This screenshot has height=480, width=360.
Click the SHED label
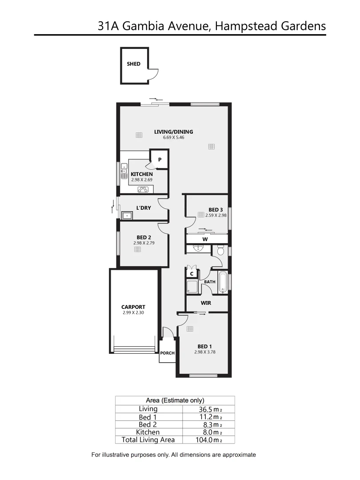pyautogui.click(x=133, y=64)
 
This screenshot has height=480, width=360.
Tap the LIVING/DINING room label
pyautogui.click(x=173, y=132)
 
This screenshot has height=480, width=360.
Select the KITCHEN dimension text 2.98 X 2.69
pyautogui.click(x=142, y=180)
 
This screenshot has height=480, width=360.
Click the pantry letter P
pyautogui.click(x=160, y=160)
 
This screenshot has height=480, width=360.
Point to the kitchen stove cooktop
pyautogui.click(x=143, y=189)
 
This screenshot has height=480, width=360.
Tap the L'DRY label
pyautogui.click(x=144, y=208)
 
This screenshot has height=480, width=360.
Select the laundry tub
pyautogui.click(x=128, y=216)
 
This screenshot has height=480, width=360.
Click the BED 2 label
pyautogui.click(x=144, y=237)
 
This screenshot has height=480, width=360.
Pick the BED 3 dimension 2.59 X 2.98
pyautogui.click(x=216, y=215)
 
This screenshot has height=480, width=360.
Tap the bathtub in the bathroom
pyautogui.click(x=223, y=283)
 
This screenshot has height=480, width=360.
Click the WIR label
pyautogui.click(x=205, y=303)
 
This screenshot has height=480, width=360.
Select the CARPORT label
pyautogui.click(x=133, y=307)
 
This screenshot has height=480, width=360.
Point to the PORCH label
pyautogui.click(x=168, y=353)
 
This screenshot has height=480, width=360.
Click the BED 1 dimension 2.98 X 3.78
pyautogui.click(x=205, y=352)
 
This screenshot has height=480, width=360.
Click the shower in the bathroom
pyautogui.click(x=192, y=286)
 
